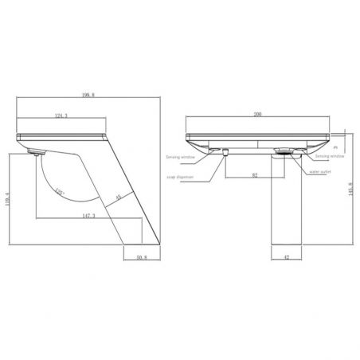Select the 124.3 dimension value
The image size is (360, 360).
click(61, 117)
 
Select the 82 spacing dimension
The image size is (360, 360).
click(254, 174)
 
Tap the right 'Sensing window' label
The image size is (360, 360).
click(329, 158)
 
